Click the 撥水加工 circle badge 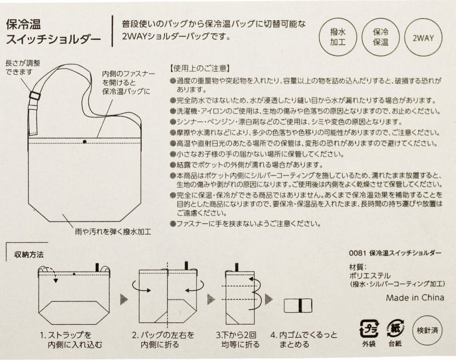(x=338, y=37)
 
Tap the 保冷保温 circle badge (x=381, y=37)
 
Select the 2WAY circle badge (x=423, y=38)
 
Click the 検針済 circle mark (x=427, y=330)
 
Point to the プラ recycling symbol (x=369, y=329)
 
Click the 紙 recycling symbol (x=395, y=329)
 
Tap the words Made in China (x=415, y=297)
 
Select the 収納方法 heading (x=29, y=255)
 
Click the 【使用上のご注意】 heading (x=199, y=68)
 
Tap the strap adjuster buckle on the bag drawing (x=35, y=96)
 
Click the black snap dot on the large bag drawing (x=84, y=141)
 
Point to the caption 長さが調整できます (x=23, y=67)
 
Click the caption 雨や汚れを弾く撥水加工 (x=113, y=232)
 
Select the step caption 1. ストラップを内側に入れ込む (x=71, y=340)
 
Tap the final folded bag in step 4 (x=298, y=305)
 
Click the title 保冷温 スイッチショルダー (x=54, y=32)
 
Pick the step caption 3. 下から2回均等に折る (x=238, y=339)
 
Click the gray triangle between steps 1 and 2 (x=124, y=299)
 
